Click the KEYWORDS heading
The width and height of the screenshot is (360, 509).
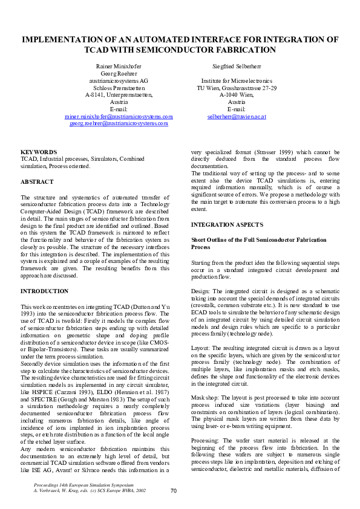coord(39,152)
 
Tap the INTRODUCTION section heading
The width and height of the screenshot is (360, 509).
coord(44,291)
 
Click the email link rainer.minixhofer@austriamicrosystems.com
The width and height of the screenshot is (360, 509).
coord(118,115)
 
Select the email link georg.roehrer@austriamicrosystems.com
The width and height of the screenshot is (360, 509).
coord(118,123)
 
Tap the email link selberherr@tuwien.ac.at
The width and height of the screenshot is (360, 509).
coord(237,115)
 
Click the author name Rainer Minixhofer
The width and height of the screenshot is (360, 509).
coord(118,65)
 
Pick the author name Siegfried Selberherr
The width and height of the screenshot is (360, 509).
coord(237,65)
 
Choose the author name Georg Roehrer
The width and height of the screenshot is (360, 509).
coord(118,72)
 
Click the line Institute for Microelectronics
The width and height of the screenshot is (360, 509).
coord(237,80)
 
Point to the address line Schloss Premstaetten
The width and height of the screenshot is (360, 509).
coord(118,87)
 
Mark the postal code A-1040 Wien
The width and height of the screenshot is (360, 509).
coord(237,94)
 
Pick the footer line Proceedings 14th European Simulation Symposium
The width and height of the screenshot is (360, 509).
coord(83,485)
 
